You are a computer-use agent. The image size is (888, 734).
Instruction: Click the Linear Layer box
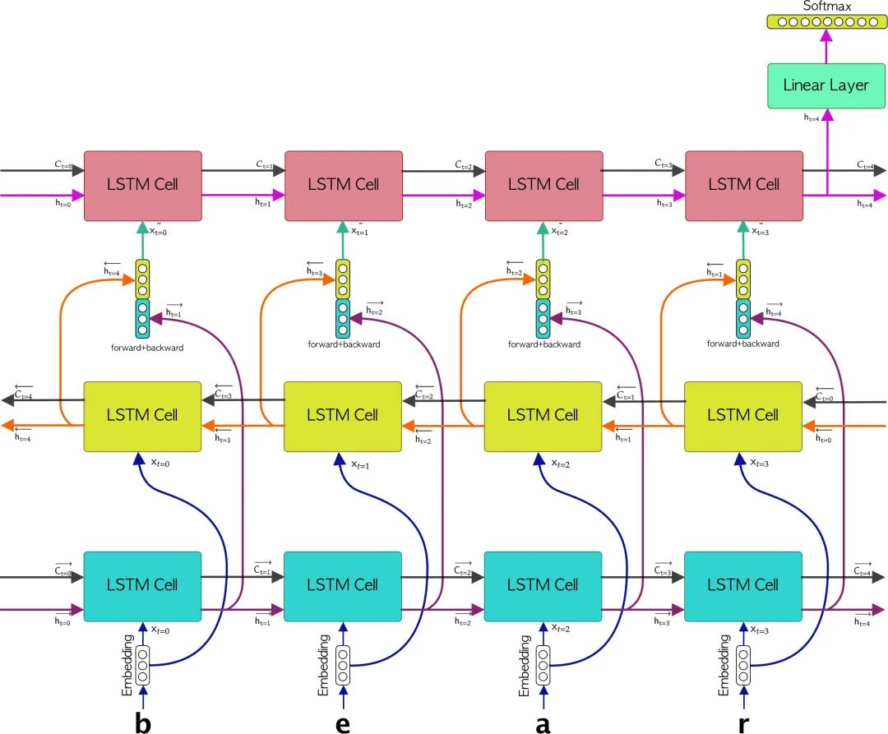click(826, 85)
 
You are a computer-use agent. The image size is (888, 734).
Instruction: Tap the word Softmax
click(828, 6)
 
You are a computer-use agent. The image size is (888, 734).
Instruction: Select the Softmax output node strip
click(828, 22)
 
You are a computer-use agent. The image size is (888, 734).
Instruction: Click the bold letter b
click(142, 722)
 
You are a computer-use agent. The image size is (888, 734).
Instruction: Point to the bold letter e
click(343, 723)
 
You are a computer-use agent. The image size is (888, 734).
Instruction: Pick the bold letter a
click(543, 723)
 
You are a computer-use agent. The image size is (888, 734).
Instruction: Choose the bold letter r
click(744, 723)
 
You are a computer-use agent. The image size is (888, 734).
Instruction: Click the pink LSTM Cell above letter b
click(143, 185)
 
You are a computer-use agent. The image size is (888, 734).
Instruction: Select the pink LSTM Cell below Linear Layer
click(744, 185)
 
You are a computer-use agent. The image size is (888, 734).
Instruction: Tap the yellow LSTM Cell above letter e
click(343, 416)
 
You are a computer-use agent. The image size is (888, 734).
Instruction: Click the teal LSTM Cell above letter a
click(543, 585)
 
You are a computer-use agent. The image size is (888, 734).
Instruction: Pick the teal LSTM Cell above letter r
click(743, 585)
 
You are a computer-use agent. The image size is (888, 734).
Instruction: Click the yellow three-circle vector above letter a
click(543, 279)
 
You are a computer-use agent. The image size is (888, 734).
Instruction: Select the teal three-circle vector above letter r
click(743, 318)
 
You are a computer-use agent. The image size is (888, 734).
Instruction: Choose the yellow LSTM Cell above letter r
click(743, 416)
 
